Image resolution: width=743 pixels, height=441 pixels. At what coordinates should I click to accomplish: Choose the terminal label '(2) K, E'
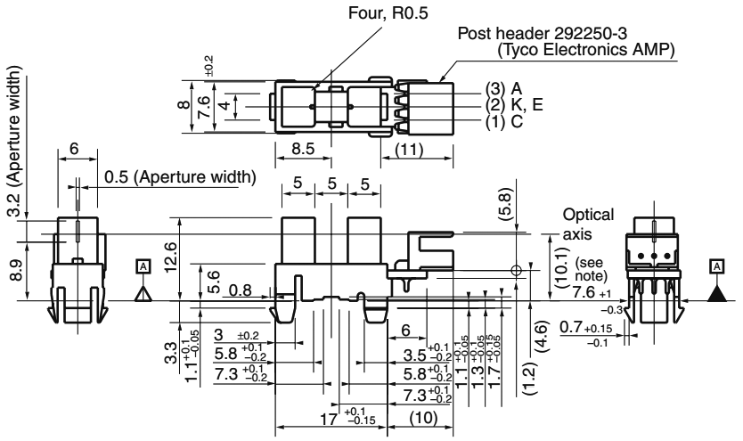coord(513,103)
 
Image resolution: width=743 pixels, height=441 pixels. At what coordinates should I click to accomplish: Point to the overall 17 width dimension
coord(338,417)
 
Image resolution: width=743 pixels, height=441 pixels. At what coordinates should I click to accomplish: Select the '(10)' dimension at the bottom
coord(421,418)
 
